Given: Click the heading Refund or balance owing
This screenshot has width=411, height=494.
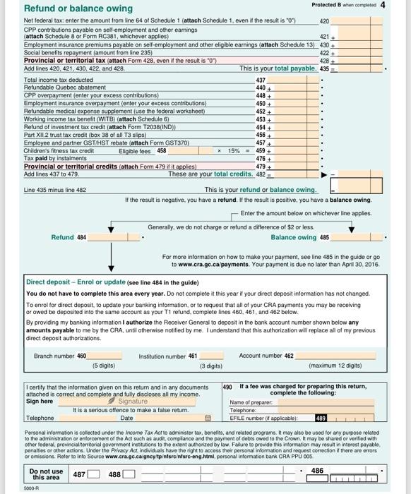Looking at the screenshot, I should (x=68, y=8).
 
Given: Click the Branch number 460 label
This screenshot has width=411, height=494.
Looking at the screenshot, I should (x=60, y=356).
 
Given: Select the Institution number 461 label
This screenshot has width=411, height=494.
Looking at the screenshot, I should (x=168, y=356).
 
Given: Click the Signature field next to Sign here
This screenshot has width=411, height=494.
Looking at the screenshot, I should (x=134, y=402).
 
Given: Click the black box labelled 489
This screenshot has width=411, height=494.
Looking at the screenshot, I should (x=321, y=417).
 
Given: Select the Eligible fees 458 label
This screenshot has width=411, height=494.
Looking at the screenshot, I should (x=143, y=150).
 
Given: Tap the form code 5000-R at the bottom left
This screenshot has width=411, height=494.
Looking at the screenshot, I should (x=31, y=488).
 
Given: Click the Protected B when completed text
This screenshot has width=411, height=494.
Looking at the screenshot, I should (x=342, y=5).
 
